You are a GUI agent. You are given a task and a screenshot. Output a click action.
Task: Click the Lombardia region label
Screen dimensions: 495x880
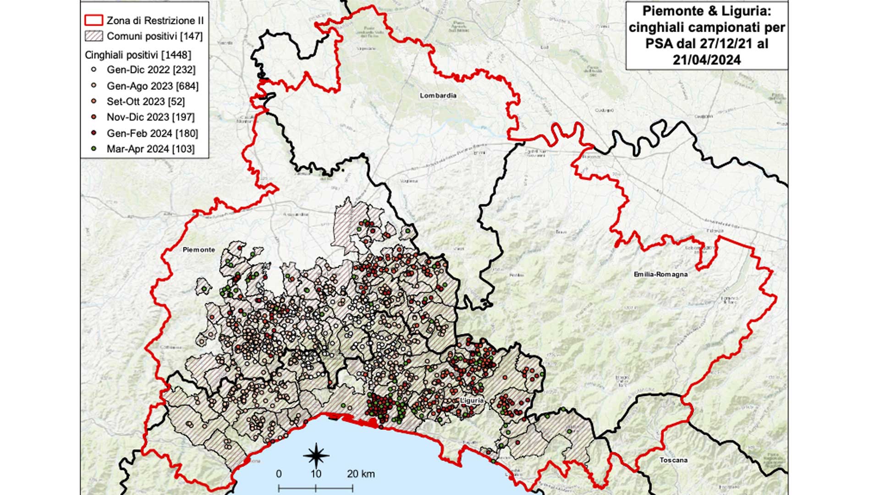(438, 95)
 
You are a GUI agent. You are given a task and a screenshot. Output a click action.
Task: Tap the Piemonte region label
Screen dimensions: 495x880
(198, 250)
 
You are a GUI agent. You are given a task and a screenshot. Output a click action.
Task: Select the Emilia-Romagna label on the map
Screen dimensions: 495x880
(660, 274)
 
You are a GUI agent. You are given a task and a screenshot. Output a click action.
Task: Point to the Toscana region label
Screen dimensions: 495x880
(673, 460)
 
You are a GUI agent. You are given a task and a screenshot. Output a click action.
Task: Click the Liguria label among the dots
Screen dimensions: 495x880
(472, 401)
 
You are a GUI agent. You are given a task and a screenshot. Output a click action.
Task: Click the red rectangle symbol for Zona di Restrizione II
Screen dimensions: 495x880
(93, 20)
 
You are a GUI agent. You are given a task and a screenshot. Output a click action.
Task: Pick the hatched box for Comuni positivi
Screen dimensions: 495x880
(93, 36)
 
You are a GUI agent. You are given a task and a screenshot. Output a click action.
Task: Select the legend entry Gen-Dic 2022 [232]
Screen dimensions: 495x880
(151, 70)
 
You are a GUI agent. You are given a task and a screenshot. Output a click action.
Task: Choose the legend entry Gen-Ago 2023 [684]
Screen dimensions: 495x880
(152, 86)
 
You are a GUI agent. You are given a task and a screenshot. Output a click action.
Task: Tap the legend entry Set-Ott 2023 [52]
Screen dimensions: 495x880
(146, 101)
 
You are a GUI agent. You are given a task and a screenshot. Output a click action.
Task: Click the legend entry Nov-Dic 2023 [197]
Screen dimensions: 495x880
(150, 117)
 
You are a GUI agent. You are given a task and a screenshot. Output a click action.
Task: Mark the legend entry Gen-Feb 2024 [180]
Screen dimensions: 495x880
(152, 133)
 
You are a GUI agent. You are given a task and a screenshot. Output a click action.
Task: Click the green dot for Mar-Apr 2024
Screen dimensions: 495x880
(94, 148)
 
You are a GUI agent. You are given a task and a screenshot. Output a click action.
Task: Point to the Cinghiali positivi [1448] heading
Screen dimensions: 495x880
(137, 55)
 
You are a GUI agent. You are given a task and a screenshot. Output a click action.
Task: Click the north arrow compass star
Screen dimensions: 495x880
(316, 456)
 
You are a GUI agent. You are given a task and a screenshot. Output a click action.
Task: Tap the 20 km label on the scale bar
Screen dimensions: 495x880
(361, 474)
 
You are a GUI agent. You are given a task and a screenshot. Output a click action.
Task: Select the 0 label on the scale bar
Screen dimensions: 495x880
(279, 474)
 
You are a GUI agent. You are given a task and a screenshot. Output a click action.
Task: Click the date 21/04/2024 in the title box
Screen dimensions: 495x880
(706, 60)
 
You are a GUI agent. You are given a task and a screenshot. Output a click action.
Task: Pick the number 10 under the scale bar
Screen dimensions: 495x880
(316, 474)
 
